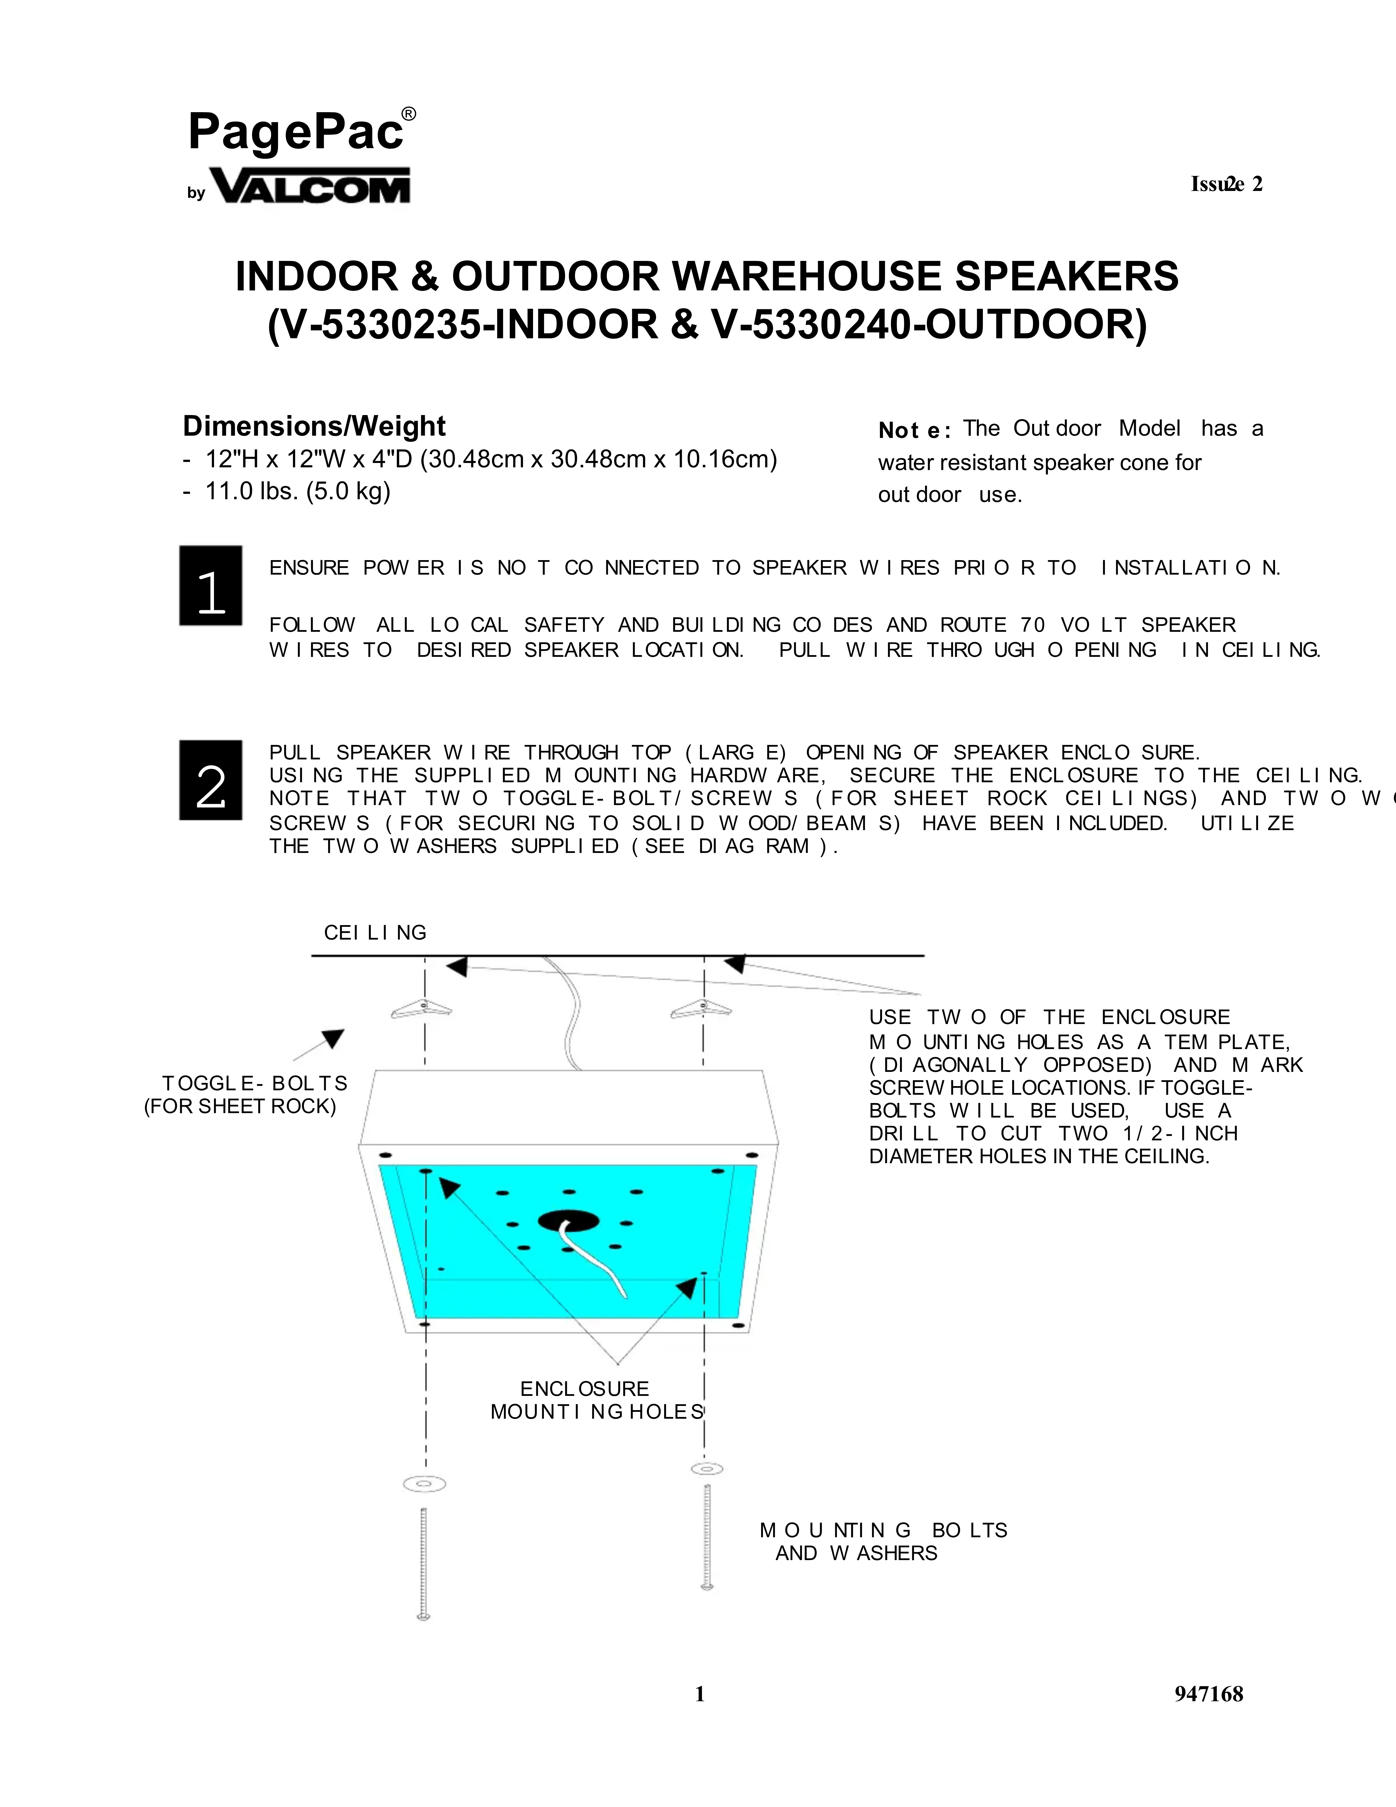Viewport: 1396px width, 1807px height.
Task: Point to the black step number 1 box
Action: tap(211, 586)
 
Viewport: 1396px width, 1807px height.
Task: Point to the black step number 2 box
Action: tap(211, 780)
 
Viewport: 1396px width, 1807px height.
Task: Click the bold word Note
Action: tap(913, 430)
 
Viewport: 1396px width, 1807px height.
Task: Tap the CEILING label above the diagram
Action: tap(375, 933)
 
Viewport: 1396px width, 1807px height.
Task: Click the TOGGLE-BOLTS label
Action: tap(254, 1084)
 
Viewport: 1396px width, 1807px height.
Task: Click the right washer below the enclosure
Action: tap(707, 1469)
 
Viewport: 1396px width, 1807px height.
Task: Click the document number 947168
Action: tap(1208, 1695)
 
